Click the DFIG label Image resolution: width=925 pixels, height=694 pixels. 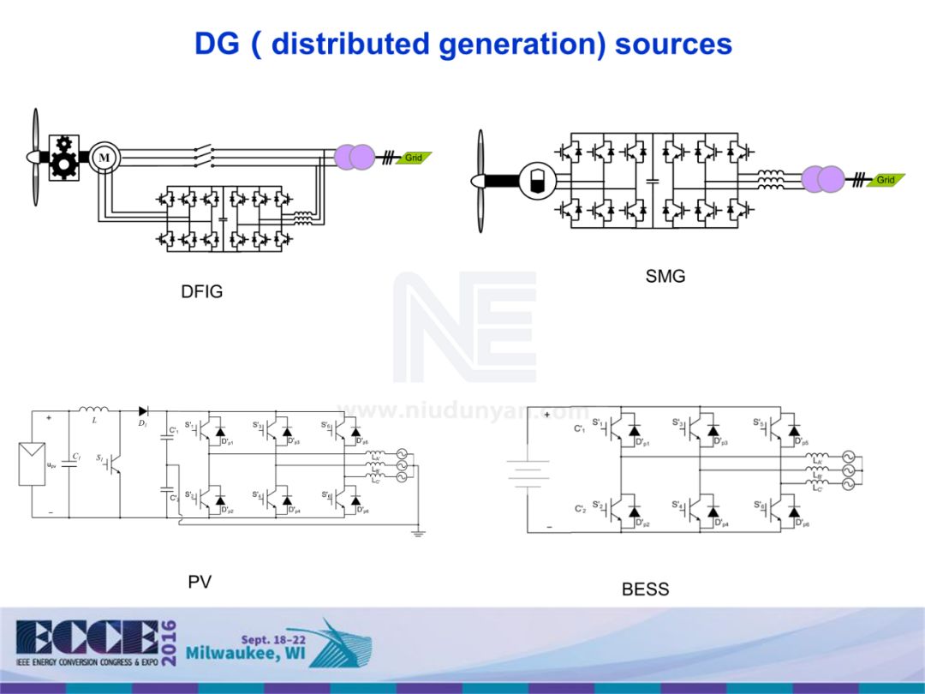201,291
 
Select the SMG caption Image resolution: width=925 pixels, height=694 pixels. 665,276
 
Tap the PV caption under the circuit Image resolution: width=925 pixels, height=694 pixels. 200,583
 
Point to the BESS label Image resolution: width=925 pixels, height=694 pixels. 645,589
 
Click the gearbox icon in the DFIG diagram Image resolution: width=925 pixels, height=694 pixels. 64,157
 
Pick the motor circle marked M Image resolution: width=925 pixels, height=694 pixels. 104,158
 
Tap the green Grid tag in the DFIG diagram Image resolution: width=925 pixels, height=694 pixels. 415,158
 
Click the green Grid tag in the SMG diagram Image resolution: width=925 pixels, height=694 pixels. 886,180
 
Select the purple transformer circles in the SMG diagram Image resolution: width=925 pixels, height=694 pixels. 823,180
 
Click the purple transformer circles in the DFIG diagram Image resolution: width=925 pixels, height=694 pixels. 354,157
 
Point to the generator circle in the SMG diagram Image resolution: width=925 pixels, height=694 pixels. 537,180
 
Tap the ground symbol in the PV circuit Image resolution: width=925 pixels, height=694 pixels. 418,532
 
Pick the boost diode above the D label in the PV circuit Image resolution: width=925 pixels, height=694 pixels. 143,411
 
